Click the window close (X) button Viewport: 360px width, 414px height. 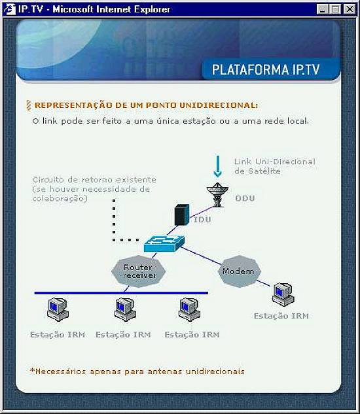(x=349, y=10)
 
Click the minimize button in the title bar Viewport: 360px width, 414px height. (x=322, y=10)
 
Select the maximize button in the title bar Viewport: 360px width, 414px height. (x=335, y=10)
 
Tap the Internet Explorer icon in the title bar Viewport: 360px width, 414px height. (x=10, y=9)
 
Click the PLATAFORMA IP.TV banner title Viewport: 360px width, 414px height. (x=266, y=69)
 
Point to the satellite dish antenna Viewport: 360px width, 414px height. (x=217, y=195)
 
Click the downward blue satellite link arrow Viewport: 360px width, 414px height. (x=217, y=167)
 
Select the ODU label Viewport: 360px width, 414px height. (x=245, y=198)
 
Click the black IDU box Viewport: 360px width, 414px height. (x=182, y=215)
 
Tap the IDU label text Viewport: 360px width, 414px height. (x=202, y=219)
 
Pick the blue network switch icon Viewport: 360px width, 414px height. (x=164, y=243)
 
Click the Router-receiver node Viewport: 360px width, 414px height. (x=138, y=271)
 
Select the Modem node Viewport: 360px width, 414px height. (x=239, y=271)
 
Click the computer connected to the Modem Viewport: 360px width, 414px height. (x=283, y=294)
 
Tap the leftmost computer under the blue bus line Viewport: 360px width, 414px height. (x=58, y=309)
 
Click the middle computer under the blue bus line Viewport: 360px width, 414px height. (x=125, y=309)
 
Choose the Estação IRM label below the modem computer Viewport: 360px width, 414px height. (x=281, y=316)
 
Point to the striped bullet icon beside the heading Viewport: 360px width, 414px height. (x=29, y=105)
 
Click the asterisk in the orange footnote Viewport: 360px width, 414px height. (x=33, y=370)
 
